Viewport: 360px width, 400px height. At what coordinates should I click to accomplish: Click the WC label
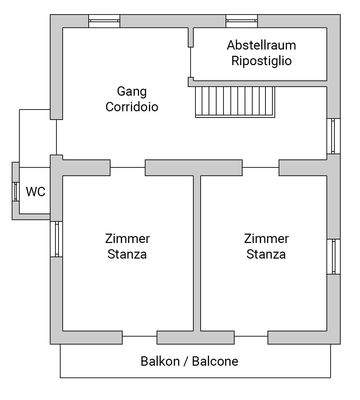[x=35, y=192]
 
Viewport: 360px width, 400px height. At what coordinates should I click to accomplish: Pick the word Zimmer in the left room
[x=127, y=238]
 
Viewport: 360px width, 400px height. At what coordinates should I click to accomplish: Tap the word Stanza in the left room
[x=127, y=254]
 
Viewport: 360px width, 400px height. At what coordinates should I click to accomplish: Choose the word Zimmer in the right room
[x=267, y=238]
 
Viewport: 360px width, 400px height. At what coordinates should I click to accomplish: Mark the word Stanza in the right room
[x=267, y=254]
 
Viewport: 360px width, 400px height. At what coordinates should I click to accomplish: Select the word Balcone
[x=215, y=360]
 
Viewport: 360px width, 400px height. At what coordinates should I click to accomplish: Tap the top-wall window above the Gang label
[x=104, y=20]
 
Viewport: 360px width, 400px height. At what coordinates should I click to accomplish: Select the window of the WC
[x=14, y=190]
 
